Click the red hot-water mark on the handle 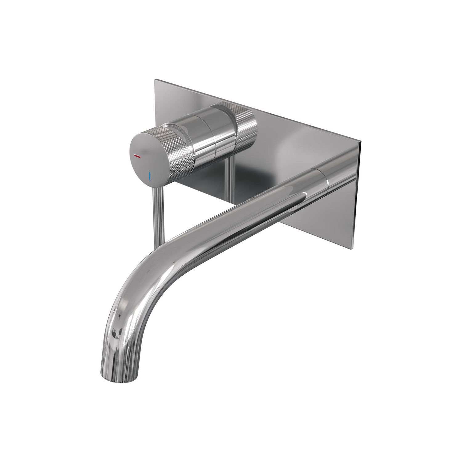point(138,157)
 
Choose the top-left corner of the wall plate point(155,81)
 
